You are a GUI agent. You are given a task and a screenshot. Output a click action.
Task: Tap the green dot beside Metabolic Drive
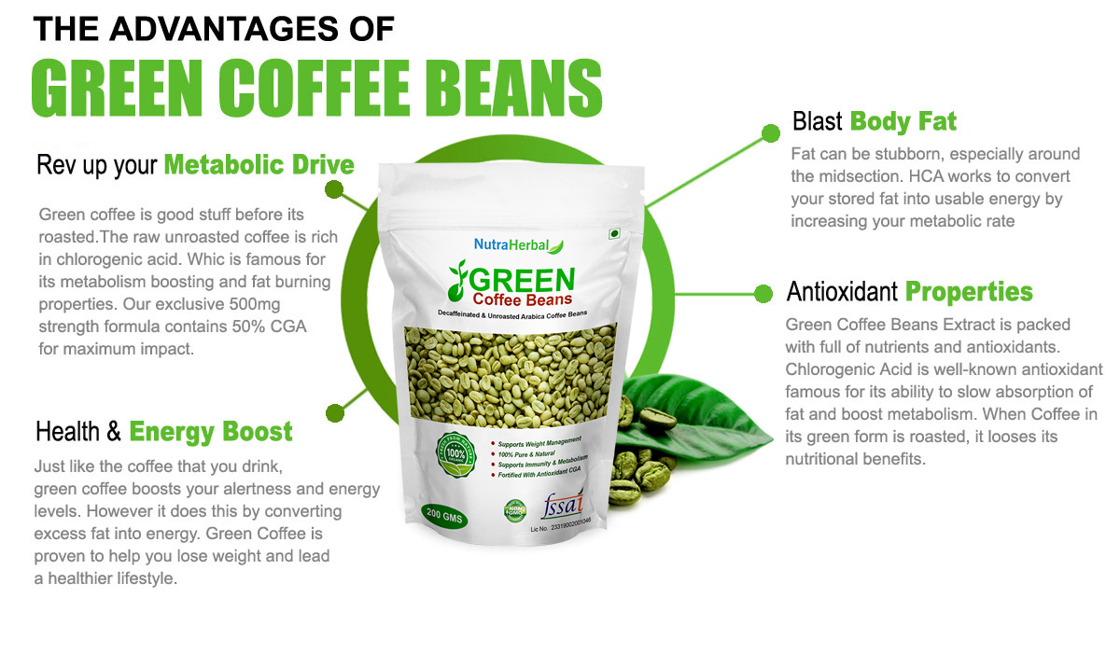point(333,190)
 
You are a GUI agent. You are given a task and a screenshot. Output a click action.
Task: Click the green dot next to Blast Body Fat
point(770,132)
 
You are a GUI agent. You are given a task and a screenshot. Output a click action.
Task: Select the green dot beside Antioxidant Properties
point(763,293)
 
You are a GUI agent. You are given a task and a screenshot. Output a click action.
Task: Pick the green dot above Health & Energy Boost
point(333,410)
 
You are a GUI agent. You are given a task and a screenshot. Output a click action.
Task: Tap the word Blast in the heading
point(818,121)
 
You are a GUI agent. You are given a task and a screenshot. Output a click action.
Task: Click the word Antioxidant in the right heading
point(843,292)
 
